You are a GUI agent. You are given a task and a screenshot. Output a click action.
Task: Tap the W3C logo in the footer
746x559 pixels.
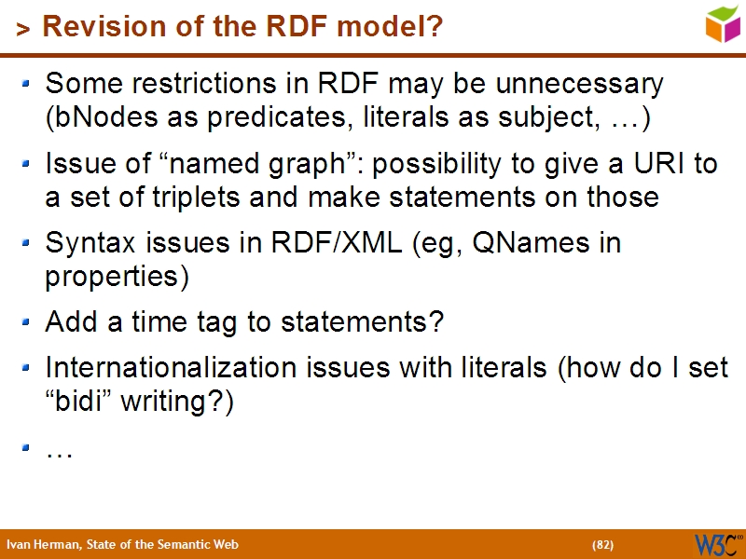tap(717, 543)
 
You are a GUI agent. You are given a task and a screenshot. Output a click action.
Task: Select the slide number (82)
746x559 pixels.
tap(602, 544)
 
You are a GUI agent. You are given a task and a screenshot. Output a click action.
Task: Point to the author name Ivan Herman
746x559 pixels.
tap(41, 544)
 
